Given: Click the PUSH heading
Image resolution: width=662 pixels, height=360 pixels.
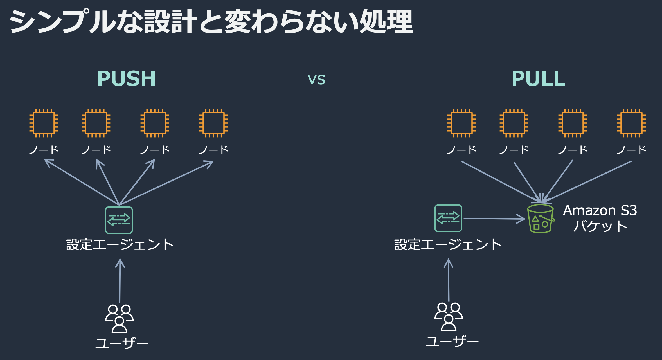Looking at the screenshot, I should (x=126, y=78).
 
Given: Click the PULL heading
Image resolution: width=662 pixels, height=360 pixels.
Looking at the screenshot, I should (x=538, y=78).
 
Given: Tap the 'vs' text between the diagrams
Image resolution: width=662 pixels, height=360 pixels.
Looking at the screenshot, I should (x=316, y=80).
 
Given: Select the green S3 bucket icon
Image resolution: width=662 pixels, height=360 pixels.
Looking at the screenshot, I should (x=541, y=219).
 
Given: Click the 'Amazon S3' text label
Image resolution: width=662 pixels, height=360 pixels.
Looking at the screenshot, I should (x=600, y=210).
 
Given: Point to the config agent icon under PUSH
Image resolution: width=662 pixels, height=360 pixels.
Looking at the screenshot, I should (x=119, y=220).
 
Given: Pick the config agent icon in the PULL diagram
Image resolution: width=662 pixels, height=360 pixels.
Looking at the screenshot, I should (x=448, y=218).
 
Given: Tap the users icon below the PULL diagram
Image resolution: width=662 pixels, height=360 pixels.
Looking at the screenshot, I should (x=449, y=316).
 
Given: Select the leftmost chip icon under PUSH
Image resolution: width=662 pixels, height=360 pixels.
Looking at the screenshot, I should (x=44, y=123).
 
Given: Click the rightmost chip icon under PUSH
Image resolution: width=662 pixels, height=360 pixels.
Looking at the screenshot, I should (x=213, y=123).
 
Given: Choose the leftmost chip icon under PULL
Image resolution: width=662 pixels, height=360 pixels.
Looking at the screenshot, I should (x=461, y=123).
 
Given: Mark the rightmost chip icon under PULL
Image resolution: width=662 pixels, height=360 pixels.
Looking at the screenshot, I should (x=631, y=123).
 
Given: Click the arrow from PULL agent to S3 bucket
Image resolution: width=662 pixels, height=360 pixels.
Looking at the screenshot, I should (x=494, y=219).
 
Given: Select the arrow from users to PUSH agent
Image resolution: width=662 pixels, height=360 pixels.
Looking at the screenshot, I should (x=120, y=281).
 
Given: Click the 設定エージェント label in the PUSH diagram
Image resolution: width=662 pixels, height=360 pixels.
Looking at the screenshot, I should (x=120, y=244).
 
